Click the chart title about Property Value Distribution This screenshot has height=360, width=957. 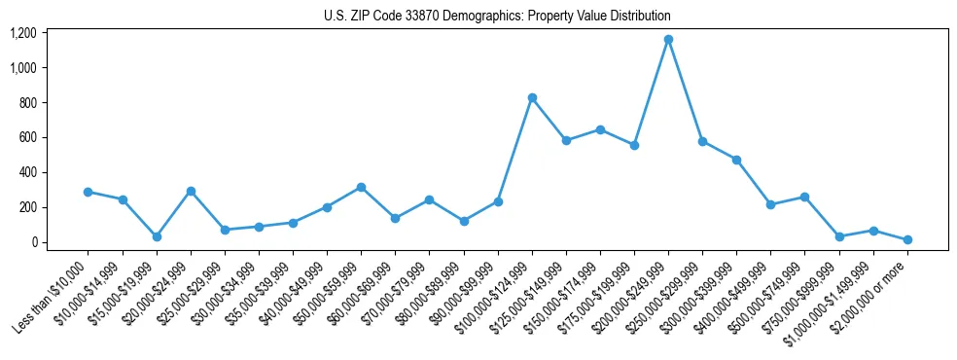(x=497, y=17)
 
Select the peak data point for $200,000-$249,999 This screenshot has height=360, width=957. (x=668, y=40)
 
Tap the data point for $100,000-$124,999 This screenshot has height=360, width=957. (x=532, y=98)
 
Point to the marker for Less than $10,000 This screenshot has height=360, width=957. (x=89, y=192)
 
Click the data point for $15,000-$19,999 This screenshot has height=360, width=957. (x=157, y=236)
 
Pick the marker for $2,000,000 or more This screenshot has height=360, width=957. (x=907, y=239)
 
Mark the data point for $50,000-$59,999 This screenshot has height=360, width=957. (x=361, y=187)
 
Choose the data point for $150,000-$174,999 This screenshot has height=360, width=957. (x=600, y=129)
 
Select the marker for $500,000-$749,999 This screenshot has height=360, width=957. (x=804, y=197)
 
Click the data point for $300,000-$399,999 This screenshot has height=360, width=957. (x=736, y=160)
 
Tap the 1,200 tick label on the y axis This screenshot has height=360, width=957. (x=22, y=33)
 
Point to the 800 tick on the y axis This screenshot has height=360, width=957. (x=27, y=103)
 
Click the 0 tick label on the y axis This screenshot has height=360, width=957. (x=33, y=242)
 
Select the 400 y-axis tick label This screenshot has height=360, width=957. (x=27, y=172)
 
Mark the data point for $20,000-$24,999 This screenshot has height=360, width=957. (x=191, y=191)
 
